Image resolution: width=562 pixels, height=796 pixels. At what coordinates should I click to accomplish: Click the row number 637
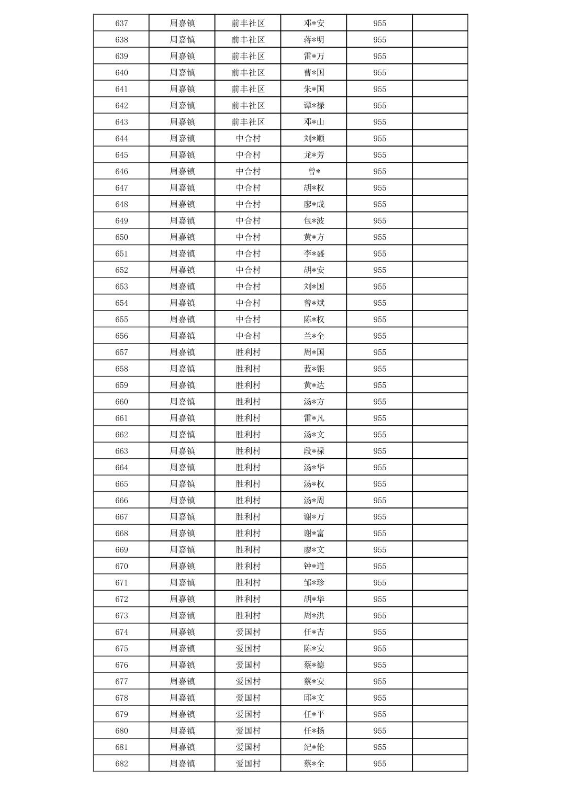(x=121, y=23)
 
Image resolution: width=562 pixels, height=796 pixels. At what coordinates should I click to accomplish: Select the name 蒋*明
(x=314, y=40)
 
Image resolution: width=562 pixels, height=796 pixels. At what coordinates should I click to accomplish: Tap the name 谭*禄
(x=314, y=106)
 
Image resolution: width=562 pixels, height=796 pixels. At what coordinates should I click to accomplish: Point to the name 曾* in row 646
(x=314, y=171)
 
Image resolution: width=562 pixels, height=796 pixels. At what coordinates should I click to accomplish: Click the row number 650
(x=121, y=237)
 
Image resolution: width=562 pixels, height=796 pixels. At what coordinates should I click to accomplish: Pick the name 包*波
(x=314, y=220)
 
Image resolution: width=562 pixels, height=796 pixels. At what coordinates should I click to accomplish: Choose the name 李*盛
(x=314, y=253)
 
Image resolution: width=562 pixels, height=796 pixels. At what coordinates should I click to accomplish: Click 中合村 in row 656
(x=248, y=336)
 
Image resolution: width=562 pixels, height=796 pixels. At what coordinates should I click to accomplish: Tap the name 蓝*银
(x=314, y=369)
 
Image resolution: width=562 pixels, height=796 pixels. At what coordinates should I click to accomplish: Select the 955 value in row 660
(x=379, y=402)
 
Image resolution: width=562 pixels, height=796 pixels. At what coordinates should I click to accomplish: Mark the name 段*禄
(x=314, y=451)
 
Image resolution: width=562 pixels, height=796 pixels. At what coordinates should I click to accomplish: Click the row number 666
(x=121, y=500)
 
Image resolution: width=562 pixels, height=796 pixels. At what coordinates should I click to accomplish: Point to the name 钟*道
(x=314, y=566)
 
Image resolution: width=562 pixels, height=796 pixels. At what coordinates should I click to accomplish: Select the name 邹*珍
(x=314, y=582)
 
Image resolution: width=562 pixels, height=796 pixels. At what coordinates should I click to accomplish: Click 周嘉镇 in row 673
(x=182, y=615)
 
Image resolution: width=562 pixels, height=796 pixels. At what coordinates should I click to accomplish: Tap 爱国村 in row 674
(x=248, y=632)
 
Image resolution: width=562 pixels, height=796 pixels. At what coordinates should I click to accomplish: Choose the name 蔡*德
(x=314, y=665)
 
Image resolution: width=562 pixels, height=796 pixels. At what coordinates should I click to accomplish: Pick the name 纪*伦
(x=314, y=747)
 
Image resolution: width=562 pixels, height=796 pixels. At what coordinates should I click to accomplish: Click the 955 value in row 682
(x=379, y=764)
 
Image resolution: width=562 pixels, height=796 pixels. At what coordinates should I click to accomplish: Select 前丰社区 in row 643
(x=248, y=122)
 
